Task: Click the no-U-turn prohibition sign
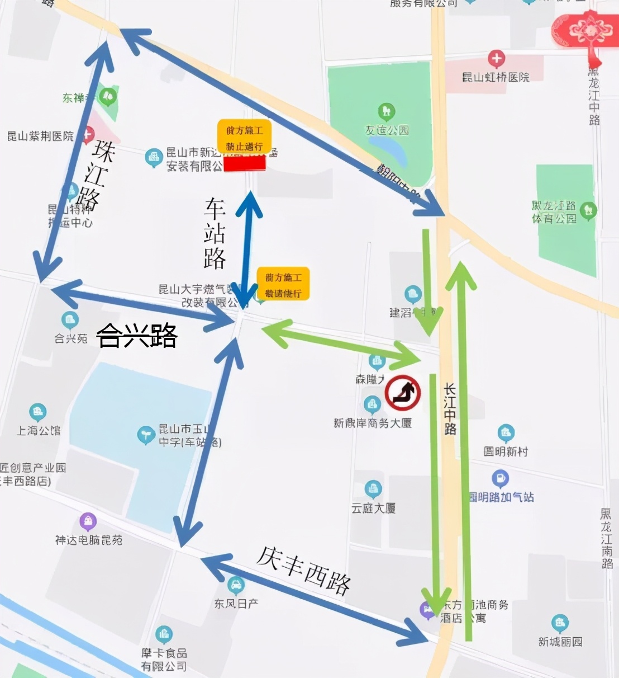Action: pyautogui.click(x=403, y=393)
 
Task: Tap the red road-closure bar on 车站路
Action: pyautogui.click(x=244, y=163)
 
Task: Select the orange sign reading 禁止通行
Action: pyautogui.click(x=244, y=137)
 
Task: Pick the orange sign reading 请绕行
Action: pyautogui.click(x=283, y=284)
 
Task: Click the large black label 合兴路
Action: pyautogui.click(x=137, y=336)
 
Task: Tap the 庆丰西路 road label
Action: pyautogui.click(x=303, y=569)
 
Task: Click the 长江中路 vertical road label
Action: pyautogui.click(x=450, y=409)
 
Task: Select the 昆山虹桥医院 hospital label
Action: pyautogui.click(x=496, y=77)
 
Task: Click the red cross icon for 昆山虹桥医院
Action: pyautogui.click(x=496, y=58)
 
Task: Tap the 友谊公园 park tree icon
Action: pyautogui.click(x=387, y=111)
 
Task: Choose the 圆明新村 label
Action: pyautogui.click(x=506, y=451)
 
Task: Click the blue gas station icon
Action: pyautogui.click(x=500, y=478)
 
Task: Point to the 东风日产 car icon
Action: pyautogui.click(x=236, y=585)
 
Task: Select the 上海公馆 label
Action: pyautogui.click(x=39, y=430)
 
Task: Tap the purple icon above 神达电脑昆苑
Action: pyautogui.click(x=88, y=521)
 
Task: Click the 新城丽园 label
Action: pyautogui.click(x=560, y=642)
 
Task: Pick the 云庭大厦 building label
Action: pyautogui.click(x=373, y=508)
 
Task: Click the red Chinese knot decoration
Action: pyautogui.click(x=587, y=31)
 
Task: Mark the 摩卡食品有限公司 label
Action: pyautogui.click(x=164, y=660)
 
